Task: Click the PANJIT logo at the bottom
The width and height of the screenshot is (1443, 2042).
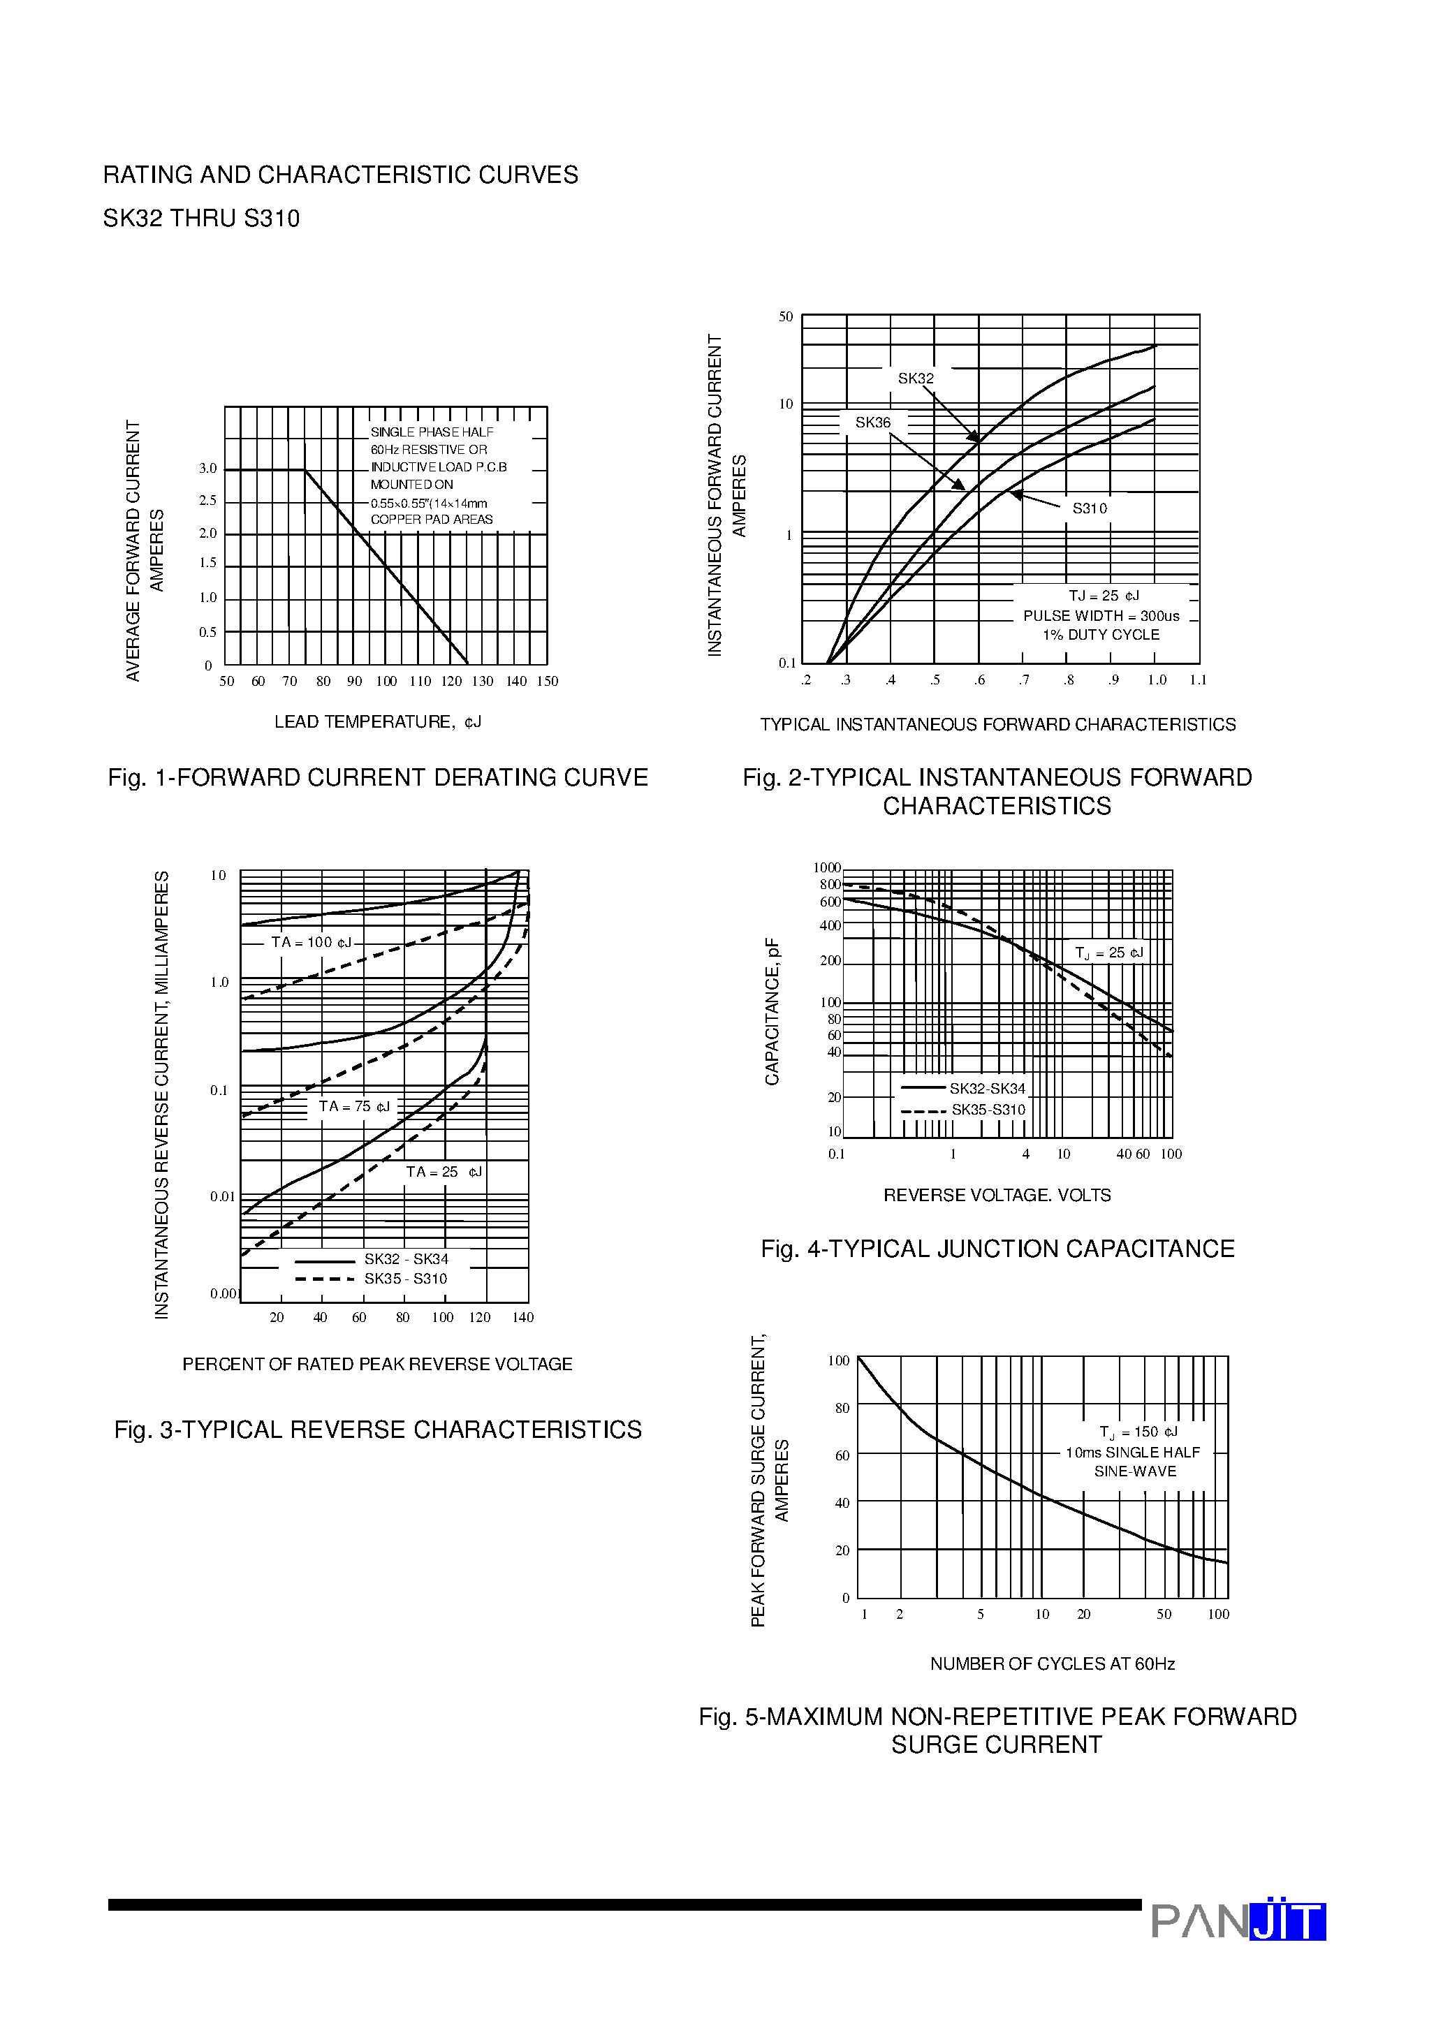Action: [1238, 1920]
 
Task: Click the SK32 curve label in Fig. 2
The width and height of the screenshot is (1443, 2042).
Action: [916, 378]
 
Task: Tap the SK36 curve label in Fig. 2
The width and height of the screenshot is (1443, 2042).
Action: [873, 423]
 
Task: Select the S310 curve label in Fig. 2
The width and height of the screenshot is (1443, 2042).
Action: [1089, 508]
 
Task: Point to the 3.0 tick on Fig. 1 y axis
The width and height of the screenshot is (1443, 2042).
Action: [207, 468]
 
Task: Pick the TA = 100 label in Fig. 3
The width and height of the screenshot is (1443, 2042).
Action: [312, 942]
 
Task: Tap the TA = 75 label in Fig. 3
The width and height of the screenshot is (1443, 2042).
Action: [354, 1106]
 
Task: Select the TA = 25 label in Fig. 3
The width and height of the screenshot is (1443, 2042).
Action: [443, 1171]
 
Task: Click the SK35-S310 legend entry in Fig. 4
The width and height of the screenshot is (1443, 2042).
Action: [988, 1109]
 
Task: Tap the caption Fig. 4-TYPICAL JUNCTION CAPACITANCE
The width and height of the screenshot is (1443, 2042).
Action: [997, 1249]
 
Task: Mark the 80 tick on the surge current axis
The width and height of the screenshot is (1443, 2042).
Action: [842, 1408]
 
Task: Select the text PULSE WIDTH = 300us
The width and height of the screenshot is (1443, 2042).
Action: [1101, 615]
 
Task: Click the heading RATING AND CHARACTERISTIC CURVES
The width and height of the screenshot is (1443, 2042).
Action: [341, 175]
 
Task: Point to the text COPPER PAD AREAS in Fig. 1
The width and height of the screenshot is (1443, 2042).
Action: [432, 520]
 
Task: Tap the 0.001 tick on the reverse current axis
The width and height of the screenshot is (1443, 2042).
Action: [224, 1293]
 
